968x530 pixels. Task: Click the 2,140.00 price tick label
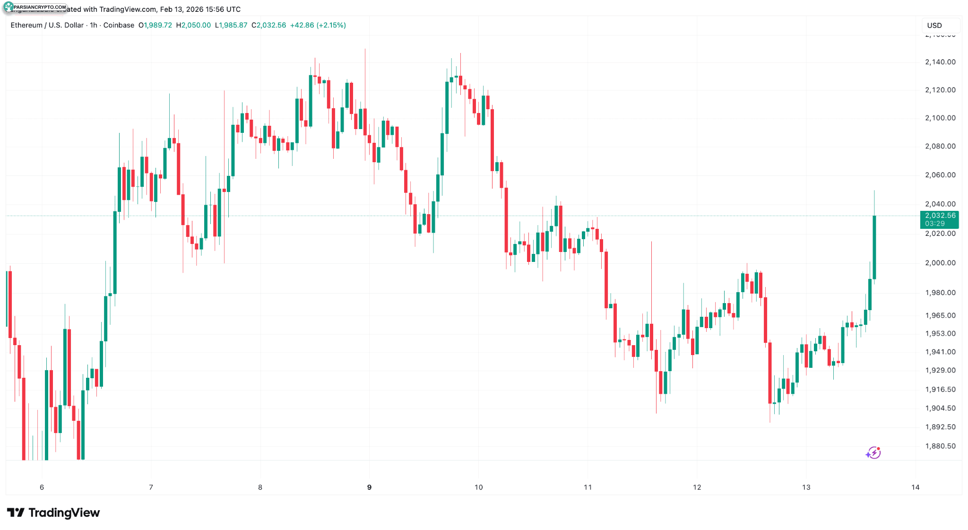pyautogui.click(x=940, y=62)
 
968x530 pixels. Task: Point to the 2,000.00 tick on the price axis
pyautogui.click(x=940, y=263)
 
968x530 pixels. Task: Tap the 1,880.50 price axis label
pyautogui.click(x=940, y=446)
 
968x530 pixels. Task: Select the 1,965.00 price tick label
pyautogui.click(x=940, y=315)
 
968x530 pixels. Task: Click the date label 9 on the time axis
pyautogui.click(x=369, y=487)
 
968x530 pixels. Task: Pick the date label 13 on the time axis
pyautogui.click(x=806, y=487)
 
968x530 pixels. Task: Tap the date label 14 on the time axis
pyautogui.click(x=915, y=487)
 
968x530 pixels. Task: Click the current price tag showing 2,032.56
pyautogui.click(x=940, y=216)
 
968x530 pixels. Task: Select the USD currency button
pyautogui.click(x=934, y=26)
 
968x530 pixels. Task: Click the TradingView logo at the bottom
pyautogui.click(x=53, y=513)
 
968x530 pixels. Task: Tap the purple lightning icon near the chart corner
pyautogui.click(x=873, y=453)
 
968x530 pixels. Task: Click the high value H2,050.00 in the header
pyautogui.click(x=193, y=25)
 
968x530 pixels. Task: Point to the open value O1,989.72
pyautogui.click(x=155, y=25)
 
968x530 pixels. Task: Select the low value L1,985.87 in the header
pyautogui.click(x=231, y=25)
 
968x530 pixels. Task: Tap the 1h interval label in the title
pyautogui.click(x=94, y=25)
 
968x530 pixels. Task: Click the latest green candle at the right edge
pyautogui.click(x=874, y=247)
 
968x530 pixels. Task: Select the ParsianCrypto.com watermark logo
pyautogui.click(x=35, y=7)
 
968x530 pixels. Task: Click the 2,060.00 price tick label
pyautogui.click(x=940, y=175)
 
